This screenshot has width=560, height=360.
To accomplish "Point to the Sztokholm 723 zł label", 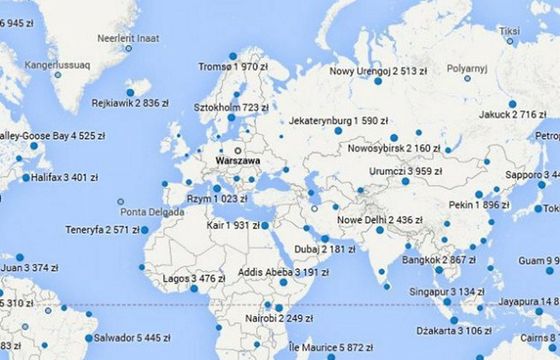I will pyautogui.click(x=231, y=107).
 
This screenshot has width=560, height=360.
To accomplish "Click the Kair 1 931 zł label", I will pyautogui.click(x=230, y=225).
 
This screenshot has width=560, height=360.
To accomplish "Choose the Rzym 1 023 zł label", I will pyautogui.click(x=216, y=199).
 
